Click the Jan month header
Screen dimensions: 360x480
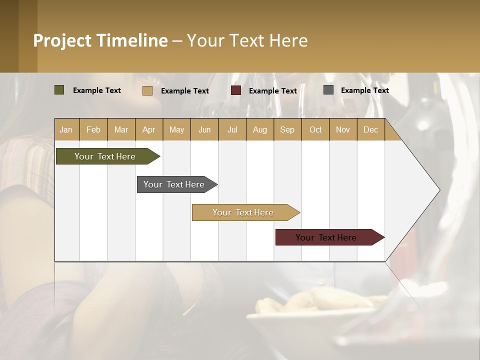tap(66, 129)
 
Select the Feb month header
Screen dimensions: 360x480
tap(93, 129)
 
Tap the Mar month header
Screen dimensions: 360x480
tap(121, 129)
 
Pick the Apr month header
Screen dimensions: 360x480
tap(149, 129)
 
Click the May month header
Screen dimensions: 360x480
tap(176, 129)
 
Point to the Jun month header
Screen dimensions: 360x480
tap(204, 129)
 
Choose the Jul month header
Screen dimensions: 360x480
tap(232, 129)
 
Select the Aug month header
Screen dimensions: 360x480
tap(260, 129)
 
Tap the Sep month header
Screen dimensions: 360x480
tap(287, 129)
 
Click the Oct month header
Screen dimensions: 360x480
tap(315, 129)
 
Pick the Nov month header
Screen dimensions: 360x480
tap(343, 129)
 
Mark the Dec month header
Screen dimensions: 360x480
tap(370, 129)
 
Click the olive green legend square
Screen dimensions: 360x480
tap(59, 90)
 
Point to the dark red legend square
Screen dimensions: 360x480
tap(236, 90)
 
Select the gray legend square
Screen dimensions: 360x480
tap(328, 90)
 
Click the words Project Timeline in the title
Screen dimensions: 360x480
tap(100, 40)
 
